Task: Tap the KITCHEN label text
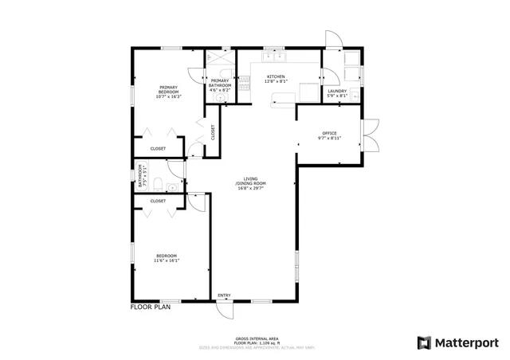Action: pos(276,77)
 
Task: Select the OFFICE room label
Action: pos(330,133)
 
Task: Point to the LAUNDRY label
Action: pos(337,92)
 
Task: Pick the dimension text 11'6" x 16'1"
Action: pos(167,260)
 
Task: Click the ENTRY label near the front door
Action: pos(224,295)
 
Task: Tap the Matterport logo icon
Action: pos(424,342)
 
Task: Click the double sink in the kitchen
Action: pos(276,57)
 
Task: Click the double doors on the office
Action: pos(369,135)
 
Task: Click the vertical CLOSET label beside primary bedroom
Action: pos(213,132)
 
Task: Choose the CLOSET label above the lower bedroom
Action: pos(158,201)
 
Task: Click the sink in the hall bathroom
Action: pos(174,182)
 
